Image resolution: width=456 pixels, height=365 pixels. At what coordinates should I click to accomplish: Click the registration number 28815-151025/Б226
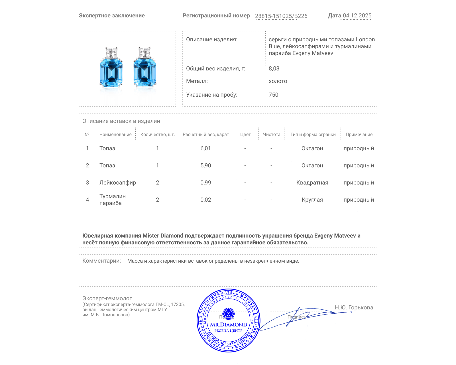click(x=281, y=16)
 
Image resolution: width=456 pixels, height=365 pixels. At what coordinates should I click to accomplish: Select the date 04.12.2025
click(x=357, y=16)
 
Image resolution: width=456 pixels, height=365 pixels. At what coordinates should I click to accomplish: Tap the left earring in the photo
click(x=111, y=68)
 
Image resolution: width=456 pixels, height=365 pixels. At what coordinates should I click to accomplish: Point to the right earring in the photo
click(x=145, y=68)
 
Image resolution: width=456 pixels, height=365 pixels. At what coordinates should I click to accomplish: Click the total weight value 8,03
click(x=274, y=68)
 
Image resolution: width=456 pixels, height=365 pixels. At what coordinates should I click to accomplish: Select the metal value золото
click(x=278, y=81)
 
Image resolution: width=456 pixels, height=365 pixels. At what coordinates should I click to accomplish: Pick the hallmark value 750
click(x=273, y=95)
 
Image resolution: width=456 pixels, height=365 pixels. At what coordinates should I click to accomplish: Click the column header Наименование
click(x=115, y=135)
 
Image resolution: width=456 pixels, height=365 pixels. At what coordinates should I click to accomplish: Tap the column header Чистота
click(x=272, y=135)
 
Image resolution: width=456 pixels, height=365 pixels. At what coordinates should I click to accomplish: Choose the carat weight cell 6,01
click(x=205, y=148)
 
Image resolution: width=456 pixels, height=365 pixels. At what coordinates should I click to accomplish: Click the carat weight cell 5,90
click(x=205, y=165)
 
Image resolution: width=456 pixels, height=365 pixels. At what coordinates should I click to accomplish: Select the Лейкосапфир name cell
click(x=117, y=182)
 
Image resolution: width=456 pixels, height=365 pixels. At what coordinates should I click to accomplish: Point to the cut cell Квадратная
click(x=312, y=182)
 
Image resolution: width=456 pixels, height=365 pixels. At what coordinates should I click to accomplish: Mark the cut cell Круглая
click(x=312, y=200)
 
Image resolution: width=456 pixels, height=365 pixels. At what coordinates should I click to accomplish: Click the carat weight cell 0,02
click(x=205, y=200)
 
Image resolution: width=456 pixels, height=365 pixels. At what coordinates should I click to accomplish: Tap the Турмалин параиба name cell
click(x=112, y=200)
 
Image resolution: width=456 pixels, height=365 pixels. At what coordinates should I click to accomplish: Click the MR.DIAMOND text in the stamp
click(x=229, y=325)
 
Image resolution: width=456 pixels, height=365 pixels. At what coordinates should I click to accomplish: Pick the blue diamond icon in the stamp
click(x=228, y=314)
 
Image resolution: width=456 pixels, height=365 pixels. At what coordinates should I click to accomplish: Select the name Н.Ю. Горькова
click(x=354, y=307)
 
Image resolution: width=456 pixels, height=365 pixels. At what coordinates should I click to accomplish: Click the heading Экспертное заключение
click(x=112, y=16)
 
